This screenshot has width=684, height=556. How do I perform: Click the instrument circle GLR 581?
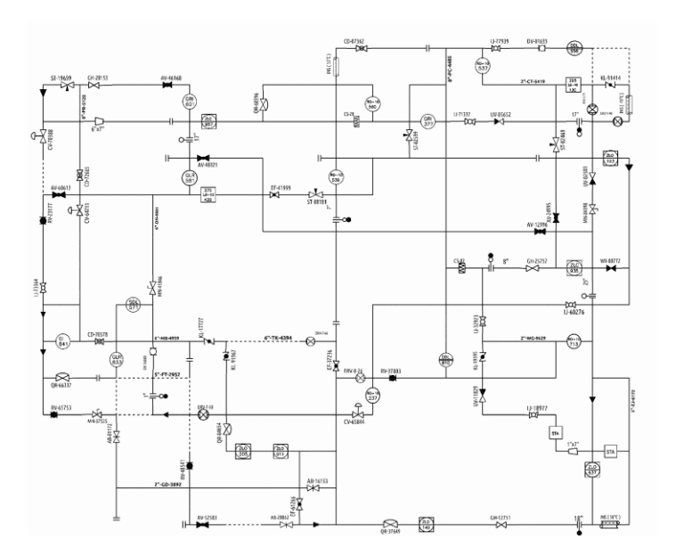[x=190, y=178]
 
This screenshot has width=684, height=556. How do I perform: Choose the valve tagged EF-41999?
[x=275, y=195]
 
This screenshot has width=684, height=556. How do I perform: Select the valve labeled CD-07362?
[x=360, y=48]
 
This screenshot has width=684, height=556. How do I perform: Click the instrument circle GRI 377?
[x=427, y=122]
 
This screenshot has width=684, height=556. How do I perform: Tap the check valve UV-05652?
[x=499, y=122]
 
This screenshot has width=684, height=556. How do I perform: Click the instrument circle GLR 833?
[x=117, y=360]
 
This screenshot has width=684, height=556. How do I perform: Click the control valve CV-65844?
[x=357, y=414]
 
